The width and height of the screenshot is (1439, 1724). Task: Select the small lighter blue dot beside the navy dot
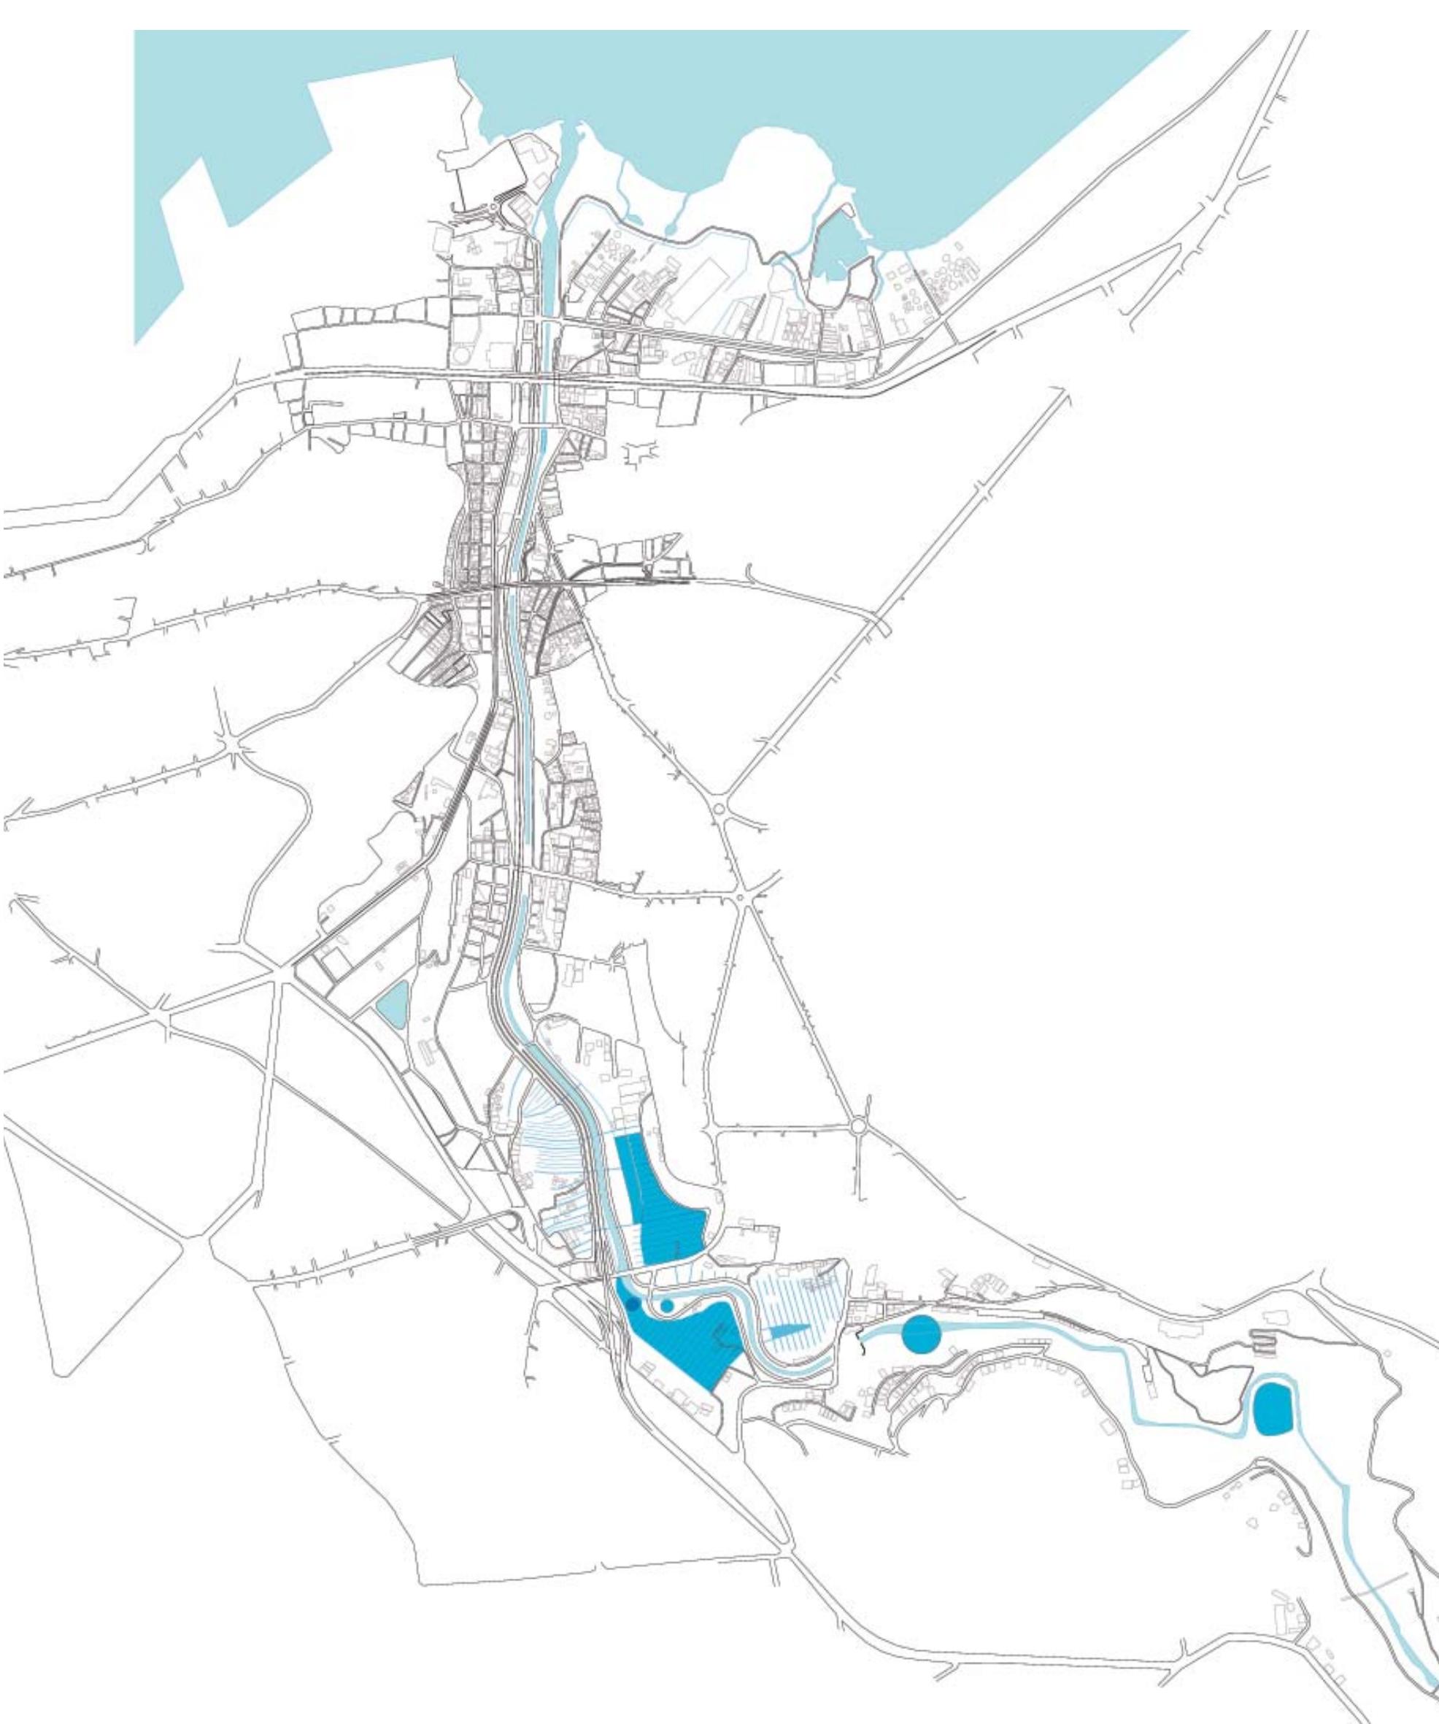(666, 1304)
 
